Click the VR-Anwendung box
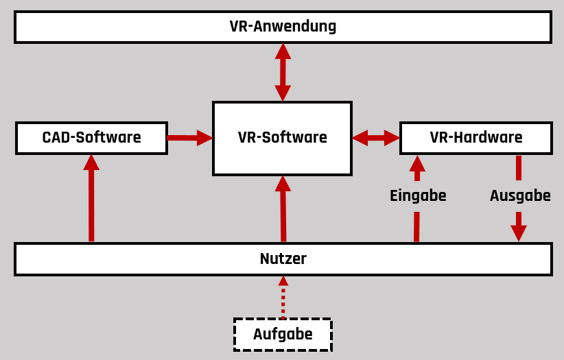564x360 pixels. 283,27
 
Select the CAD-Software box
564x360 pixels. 91,138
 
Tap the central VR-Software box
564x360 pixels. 282,138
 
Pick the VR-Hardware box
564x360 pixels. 475,138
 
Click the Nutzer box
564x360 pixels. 283,259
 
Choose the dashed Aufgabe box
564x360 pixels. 283,335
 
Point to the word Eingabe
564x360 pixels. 418,195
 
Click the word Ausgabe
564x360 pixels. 520,195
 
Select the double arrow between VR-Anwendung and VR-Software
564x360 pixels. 283,72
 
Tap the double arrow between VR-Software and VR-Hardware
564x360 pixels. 376,138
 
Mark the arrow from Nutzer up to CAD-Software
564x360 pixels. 91,199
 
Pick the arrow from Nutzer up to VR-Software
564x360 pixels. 283,209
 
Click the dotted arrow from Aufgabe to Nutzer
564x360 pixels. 283,298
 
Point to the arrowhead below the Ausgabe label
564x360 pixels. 519,232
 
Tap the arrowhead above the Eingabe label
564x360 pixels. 417,164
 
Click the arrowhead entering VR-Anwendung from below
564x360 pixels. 283,51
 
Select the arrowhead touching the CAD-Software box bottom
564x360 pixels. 91,163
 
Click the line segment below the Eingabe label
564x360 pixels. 416,226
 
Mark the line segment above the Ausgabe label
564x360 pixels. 519,168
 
